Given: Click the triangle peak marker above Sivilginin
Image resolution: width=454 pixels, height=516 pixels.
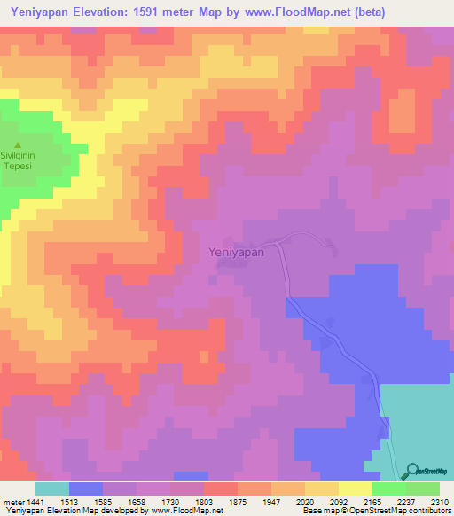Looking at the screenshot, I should click(17, 145).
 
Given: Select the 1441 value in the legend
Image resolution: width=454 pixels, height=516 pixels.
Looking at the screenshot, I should click(26, 501).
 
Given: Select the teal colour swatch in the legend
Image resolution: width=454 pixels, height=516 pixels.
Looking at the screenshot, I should click(51, 489).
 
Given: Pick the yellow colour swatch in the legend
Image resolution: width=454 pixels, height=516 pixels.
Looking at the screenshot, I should click(355, 489).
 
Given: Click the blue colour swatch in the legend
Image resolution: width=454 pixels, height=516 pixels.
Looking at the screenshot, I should click(85, 489).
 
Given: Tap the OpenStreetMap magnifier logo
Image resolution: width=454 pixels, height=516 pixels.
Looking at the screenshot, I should click(410, 472).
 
